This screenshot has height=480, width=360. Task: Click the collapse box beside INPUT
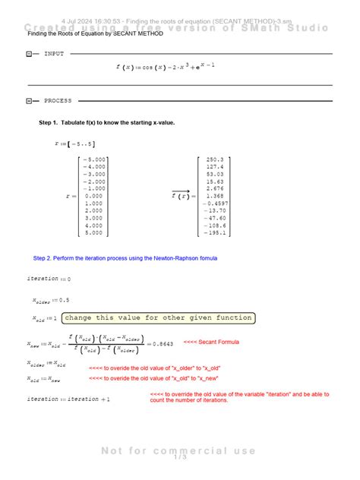[29, 55]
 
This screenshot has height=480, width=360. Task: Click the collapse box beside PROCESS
[29, 100]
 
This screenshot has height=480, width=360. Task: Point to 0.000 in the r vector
[95, 195]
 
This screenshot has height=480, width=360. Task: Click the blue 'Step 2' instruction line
[125, 258]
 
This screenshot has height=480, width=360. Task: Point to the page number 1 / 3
[180, 456]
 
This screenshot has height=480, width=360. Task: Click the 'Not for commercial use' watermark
[180, 450]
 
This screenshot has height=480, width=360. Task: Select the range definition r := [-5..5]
[75, 143]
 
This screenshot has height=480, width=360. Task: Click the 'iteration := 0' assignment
[49, 279]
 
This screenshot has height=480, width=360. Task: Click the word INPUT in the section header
[54, 55]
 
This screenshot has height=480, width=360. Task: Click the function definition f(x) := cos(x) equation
[166, 67]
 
